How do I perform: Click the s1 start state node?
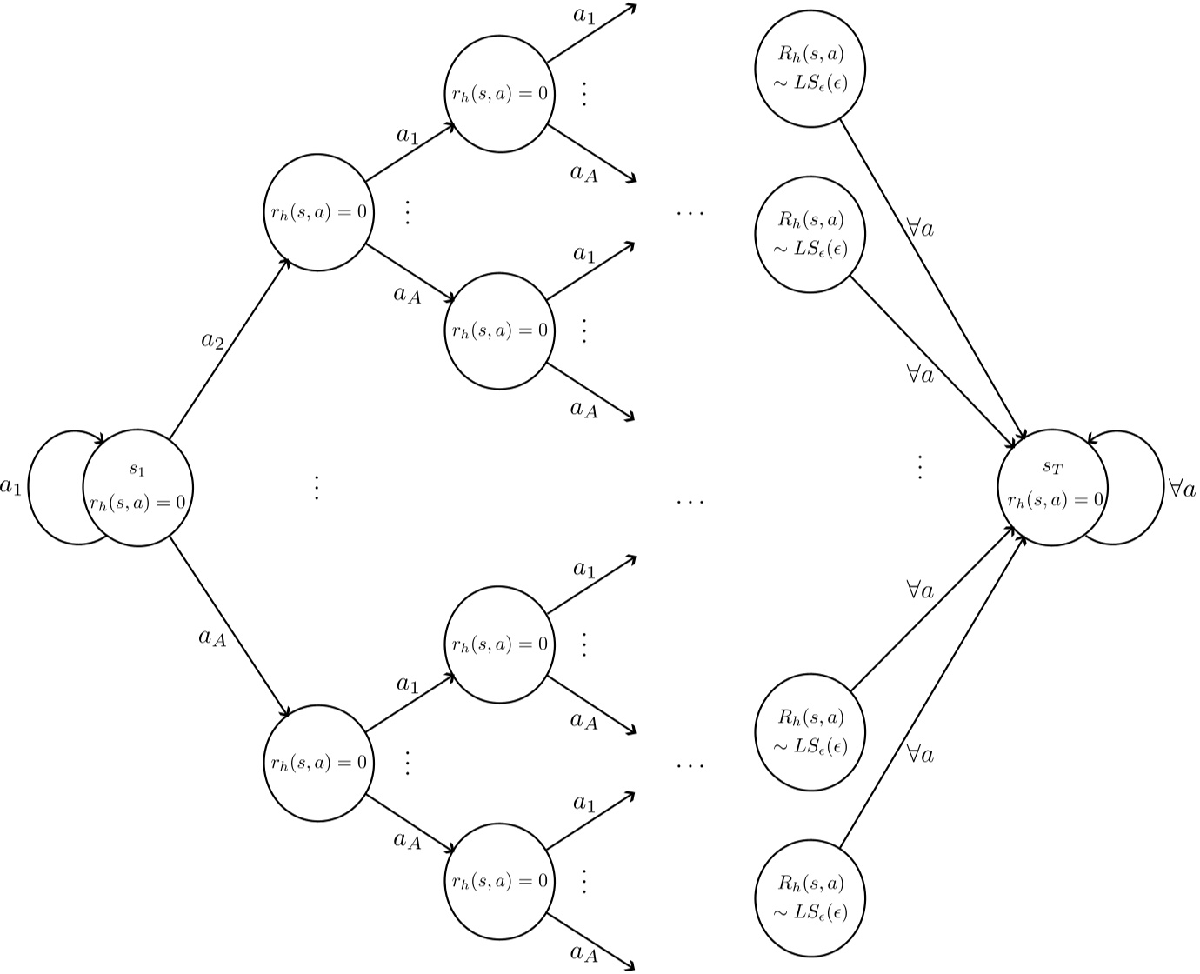[137, 487]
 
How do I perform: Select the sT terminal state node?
[1052, 487]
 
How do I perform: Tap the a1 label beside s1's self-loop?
[11, 486]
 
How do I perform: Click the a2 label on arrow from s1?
[212, 341]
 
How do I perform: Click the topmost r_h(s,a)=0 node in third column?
[499, 93]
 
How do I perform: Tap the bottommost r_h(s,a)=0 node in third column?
[499, 881]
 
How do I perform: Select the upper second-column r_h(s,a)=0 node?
[318, 212]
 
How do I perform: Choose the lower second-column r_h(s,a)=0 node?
[318, 764]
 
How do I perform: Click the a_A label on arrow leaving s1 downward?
[212, 638]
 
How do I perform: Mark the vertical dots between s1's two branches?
[317, 487]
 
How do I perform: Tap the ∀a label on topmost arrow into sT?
[920, 229]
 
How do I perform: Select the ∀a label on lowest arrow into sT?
[920, 754]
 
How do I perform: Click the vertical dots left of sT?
[919, 467]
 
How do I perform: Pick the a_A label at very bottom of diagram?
[584, 954]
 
